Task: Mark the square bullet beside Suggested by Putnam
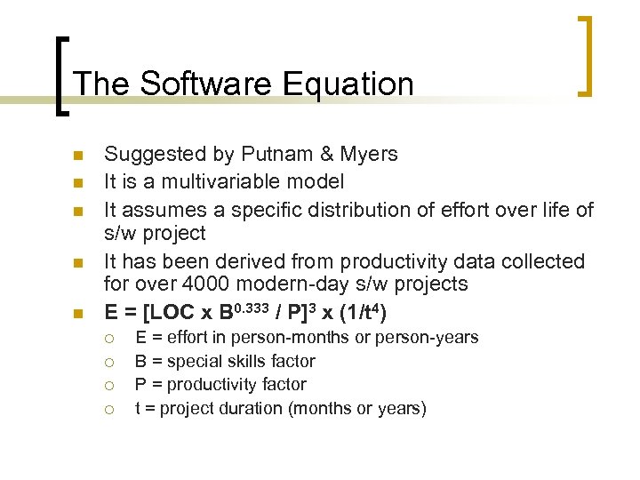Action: (77, 156)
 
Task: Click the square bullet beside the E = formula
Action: (77, 314)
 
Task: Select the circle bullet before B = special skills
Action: (108, 362)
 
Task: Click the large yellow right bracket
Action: (586, 55)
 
